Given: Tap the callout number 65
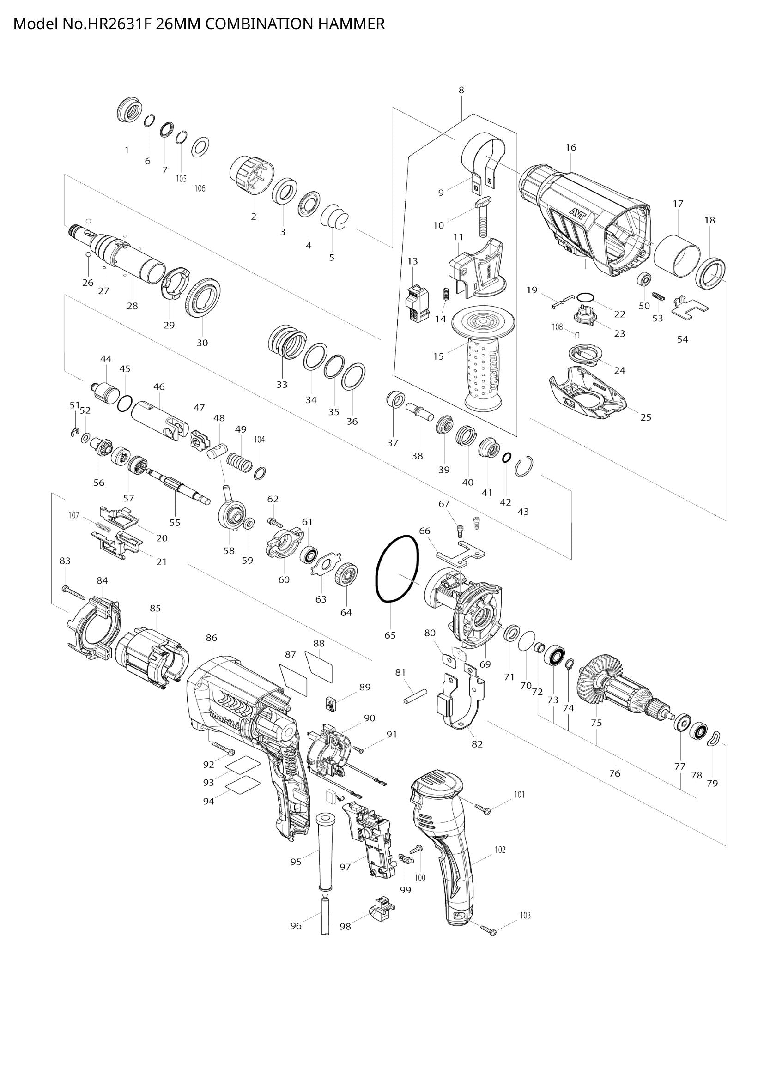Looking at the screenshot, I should (390, 635).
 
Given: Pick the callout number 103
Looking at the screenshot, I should (525, 915).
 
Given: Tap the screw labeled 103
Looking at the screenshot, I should (487, 929).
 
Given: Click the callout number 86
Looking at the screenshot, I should (212, 638).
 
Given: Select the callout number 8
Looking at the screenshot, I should (461, 90).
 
